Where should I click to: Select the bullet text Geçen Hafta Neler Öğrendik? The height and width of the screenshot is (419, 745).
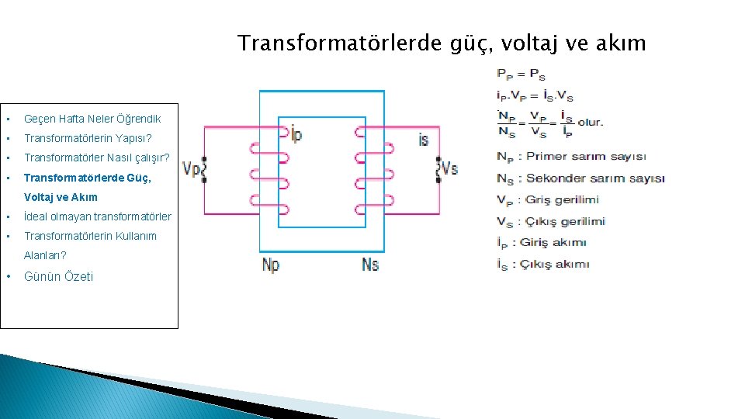click(x=92, y=119)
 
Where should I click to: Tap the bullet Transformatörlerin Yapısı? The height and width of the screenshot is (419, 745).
click(x=88, y=138)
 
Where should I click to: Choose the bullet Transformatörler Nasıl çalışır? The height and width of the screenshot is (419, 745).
click(x=96, y=158)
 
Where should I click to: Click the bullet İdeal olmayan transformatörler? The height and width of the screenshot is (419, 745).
click(x=98, y=216)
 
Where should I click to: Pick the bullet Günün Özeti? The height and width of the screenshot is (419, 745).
click(x=58, y=276)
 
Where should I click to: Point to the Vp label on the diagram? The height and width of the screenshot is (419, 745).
click(x=191, y=168)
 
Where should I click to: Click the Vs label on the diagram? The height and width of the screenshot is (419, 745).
click(x=449, y=168)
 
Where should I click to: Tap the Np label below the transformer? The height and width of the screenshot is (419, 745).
click(x=271, y=265)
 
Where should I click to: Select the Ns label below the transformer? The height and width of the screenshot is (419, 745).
click(x=370, y=264)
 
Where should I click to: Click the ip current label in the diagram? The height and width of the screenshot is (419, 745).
click(x=295, y=134)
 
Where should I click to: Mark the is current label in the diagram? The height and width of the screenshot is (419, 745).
click(x=423, y=140)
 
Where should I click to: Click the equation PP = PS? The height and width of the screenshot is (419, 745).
click(x=521, y=74)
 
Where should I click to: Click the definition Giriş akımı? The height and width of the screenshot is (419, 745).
click(x=553, y=243)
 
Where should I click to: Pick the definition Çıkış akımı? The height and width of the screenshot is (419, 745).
click(x=556, y=265)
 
